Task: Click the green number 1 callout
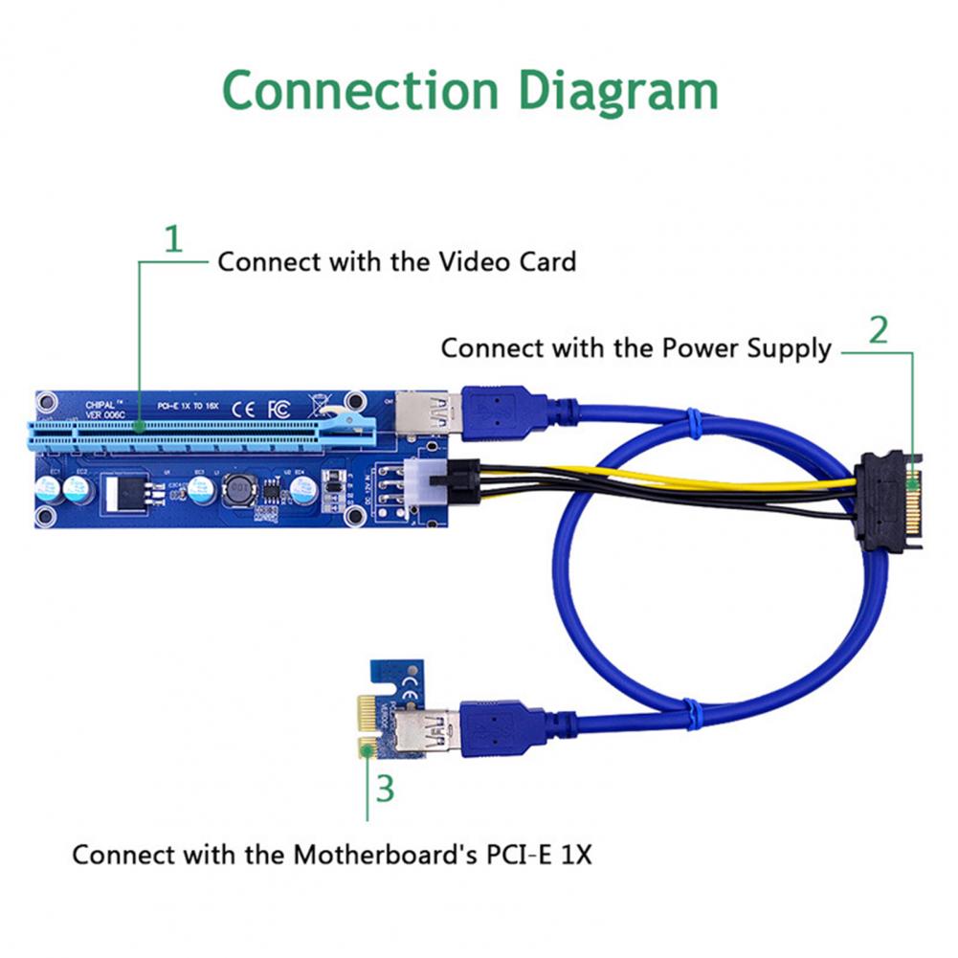click(172, 239)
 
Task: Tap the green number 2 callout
click(879, 330)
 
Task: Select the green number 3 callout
click(385, 790)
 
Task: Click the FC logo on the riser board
click(279, 407)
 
